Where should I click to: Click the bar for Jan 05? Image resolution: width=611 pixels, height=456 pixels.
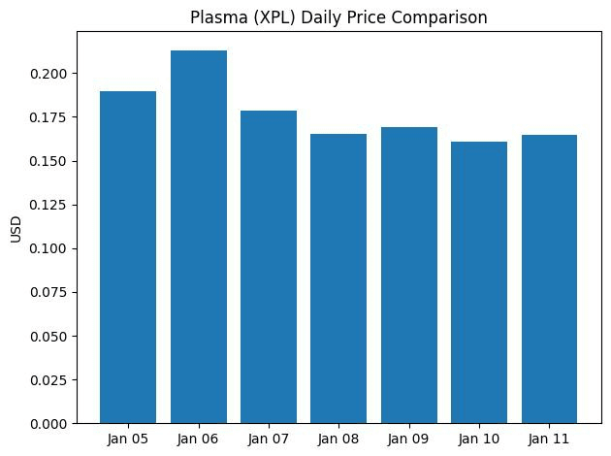click(128, 257)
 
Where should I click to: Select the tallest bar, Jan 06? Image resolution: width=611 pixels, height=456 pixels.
click(198, 237)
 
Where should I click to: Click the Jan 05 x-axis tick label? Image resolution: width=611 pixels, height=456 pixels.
click(128, 439)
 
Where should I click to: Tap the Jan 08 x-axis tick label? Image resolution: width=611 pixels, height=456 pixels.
click(338, 439)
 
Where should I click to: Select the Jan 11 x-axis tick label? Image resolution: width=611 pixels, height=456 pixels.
click(549, 439)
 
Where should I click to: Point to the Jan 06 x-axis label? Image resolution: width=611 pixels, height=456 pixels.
click(198, 439)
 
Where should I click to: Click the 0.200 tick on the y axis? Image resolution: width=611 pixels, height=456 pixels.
click(55, 74)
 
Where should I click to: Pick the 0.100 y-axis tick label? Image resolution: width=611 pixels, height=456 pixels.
click(55, 248)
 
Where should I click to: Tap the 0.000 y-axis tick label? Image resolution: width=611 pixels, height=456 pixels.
click(55, 424)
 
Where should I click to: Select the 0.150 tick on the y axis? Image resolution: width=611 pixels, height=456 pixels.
click(55, 161)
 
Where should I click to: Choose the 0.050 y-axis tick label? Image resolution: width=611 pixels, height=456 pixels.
click(55, 337)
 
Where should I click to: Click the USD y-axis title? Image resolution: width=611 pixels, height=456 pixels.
click(14, 229)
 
